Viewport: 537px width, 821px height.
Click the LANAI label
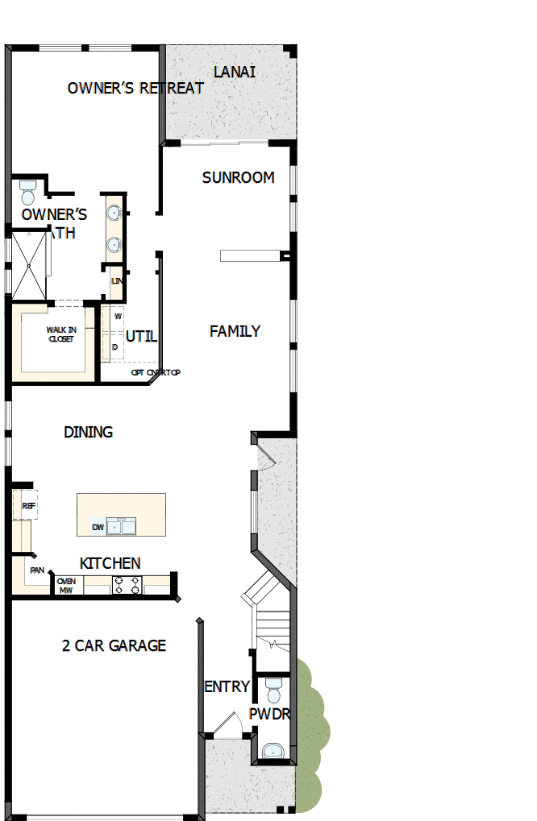234,72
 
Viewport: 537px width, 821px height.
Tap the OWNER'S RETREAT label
135,88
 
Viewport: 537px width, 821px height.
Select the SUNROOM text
238,177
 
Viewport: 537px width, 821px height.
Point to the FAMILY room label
235,331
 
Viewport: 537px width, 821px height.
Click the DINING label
88,433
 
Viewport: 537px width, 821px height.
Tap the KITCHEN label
110,563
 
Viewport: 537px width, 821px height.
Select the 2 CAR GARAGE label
114,645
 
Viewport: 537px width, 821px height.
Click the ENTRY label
227,686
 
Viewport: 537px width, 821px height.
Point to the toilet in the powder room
273,690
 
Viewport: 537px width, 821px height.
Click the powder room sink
274,751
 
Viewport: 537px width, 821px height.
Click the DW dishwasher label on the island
98,528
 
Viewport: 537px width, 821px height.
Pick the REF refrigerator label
29,506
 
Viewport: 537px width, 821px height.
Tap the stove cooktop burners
127,586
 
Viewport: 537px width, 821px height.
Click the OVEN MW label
66,586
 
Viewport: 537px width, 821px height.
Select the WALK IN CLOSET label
60,334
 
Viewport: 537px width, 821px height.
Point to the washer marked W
118,317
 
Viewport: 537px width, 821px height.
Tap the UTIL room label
142,336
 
